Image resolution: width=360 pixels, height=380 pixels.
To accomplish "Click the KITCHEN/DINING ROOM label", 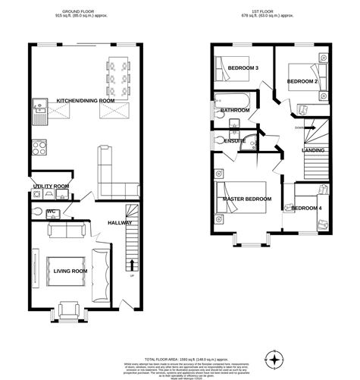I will point(86,100).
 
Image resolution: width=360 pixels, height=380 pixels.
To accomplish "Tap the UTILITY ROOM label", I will point(51,186).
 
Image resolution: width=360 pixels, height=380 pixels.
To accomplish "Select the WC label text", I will point(52,212).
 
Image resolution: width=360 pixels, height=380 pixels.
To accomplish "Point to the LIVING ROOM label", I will point(69,271).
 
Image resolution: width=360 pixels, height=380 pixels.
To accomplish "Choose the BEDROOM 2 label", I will point(302,80).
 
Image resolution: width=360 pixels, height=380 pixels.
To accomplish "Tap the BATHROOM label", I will point(235,111).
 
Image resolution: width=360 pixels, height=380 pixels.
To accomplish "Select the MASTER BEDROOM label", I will point(247,199).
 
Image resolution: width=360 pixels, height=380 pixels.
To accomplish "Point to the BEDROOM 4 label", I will point(307,208).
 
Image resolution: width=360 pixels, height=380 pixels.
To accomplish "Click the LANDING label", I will point(313,150).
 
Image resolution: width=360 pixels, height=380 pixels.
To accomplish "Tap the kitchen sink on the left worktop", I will point(39,116).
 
